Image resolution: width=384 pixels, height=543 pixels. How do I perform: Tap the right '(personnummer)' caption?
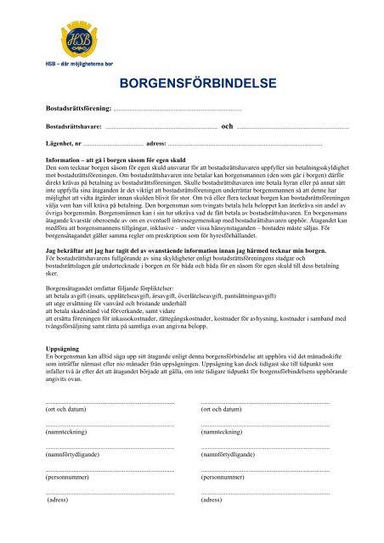pyautogui.click(x=223, y=478)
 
